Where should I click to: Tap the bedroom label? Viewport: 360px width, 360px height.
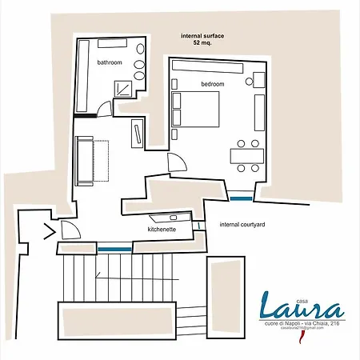coord(212,84)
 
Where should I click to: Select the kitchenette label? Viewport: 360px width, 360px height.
coord(162,229)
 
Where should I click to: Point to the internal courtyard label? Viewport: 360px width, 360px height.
coord(242,226)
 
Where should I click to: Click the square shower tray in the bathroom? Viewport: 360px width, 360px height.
coord(123,88)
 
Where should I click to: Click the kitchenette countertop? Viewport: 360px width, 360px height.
coord(170,217)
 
